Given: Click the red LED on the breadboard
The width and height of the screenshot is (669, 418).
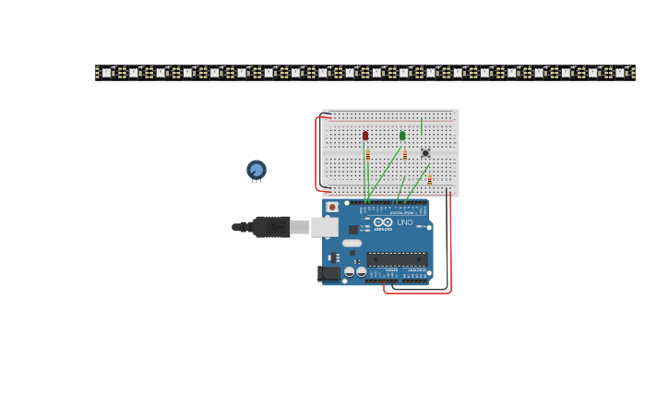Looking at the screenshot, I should pyautogui.click(x=365, y=136).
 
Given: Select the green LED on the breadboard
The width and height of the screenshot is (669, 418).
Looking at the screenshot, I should pyautogui.click(x=402, y=136).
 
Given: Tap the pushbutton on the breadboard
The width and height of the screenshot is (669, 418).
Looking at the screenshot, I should pyautogui.click(x=425, y=153).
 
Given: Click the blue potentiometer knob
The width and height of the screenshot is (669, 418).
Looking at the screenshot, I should pyautogui.click(x=257, y=170).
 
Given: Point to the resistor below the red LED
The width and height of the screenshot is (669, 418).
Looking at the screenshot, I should pyautogui.click(x=367, y=155).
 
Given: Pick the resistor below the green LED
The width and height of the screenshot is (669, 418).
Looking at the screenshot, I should pyautogui.click(x=404, y=155).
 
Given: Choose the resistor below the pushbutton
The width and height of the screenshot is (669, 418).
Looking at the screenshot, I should pyautogui.click(x=429, y=179).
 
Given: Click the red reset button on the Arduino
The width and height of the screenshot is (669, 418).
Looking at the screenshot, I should pyautogui.click(x=332, y=208).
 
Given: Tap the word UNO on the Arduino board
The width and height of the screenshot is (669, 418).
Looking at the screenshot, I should pyautogui.click(x=404, y=222).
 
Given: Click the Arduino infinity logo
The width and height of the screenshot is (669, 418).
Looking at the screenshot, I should pyautogui.click(x=383, y=222).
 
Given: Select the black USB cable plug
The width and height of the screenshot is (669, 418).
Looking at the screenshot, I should pyautogui.click(x=271, y=227).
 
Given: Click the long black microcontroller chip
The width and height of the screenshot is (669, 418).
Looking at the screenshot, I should pyautogui.click(x=397, y=259).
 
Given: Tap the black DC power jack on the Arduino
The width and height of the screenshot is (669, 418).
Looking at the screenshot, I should pyautogui.click(x=329, y=273).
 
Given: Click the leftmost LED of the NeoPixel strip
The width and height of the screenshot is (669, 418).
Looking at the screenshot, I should pyautogui.click(x=106, y=72).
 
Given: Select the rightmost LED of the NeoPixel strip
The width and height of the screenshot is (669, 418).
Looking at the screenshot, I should pyautogui.click(x=620, y=72).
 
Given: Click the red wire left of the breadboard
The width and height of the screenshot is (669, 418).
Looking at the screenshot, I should pyautogui.click(x=317, y=152).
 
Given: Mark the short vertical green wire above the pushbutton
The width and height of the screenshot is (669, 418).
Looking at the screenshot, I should pyautogui.click(x=422, y=125).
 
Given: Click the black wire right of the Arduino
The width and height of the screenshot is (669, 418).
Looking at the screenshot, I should pyautogui.click(x=446, y=240).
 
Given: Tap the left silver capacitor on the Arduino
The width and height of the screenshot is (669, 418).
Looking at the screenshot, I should pyautogui.click(x=349, y=272).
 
